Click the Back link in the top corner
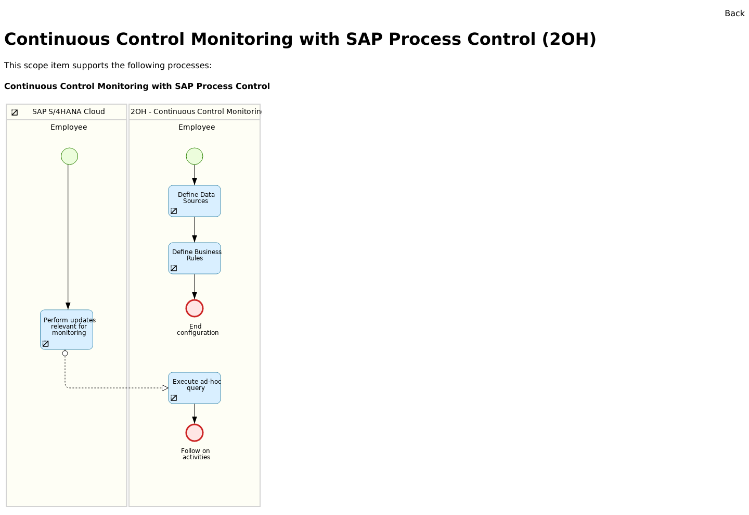click(x=734, y=14)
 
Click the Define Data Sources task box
click(x=195, y=201)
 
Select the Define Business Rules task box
click(x=195, y=258)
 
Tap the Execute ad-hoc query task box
click(x=195, y=388)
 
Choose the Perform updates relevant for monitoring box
click(x=67, y=330)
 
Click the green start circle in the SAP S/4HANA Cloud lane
click(x=69, y=156)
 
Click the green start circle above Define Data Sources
click(x=195, y=156)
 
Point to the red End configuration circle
click(x=195, y=308)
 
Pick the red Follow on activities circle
click(x=195, y=433)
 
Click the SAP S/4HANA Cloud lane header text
click(x=69, y=112)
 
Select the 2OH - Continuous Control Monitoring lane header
click(x=196, y=112)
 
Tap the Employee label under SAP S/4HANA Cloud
click(x=69, y=128)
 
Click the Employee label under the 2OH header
click(x=197, y=128)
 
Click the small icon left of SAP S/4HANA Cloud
click(x=15, y=112)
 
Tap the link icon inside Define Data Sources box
click(x=174, y=211)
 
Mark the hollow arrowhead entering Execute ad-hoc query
click(x=165, y=388)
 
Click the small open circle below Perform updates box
click(x=65, y=354)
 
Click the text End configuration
click(x=197, y=330)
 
